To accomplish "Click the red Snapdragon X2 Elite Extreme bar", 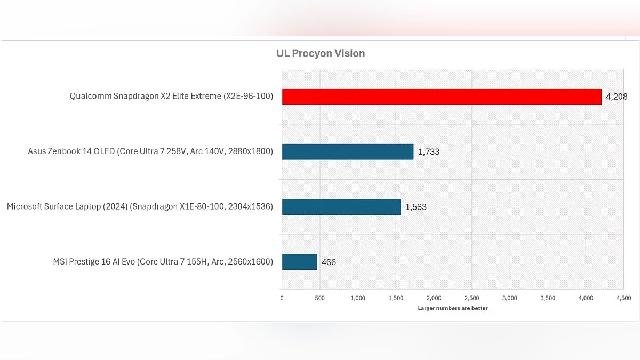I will [x=442, y=97].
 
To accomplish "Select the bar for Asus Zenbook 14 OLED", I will [x=348, y=151].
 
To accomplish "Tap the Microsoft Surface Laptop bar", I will [x=341, y=207].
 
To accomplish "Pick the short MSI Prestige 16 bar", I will [x=300, y=262].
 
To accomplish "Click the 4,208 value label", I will [x=617, y=97].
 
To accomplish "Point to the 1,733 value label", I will [x=429, y=152].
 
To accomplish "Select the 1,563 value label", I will [x=416, y=207].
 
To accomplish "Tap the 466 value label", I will [x=329, y=262].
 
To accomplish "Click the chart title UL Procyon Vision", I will [x=321, y=53].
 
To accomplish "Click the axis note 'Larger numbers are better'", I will [x=453, y=308].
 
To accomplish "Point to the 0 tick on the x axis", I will [x=282, y=298].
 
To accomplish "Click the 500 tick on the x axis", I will [x=319, y=298].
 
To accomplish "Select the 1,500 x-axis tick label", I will [x=396, y=298].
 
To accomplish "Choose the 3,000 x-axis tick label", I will [x=510, y=298].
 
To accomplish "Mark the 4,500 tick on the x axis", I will [x=623, y=298].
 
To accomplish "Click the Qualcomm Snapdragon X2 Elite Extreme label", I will [x=171, y=97].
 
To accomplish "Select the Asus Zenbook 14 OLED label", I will [x=150, y=151].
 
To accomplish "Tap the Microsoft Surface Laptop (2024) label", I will [x=140, y=206].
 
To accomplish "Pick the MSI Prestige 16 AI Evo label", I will [x=163, y=262].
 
